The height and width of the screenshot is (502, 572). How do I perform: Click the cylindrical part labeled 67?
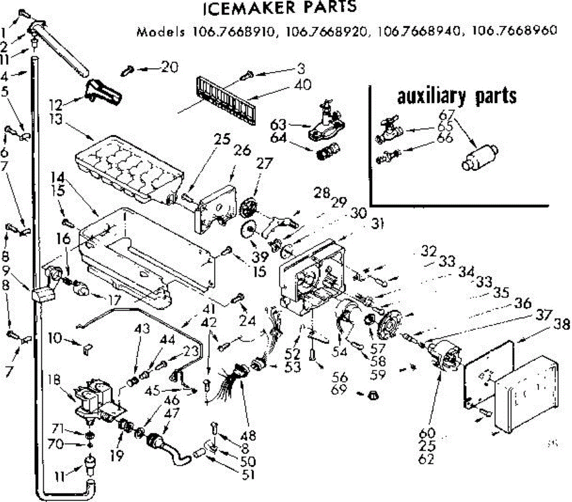pos(480,157)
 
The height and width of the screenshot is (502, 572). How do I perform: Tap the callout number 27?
pos(264,164)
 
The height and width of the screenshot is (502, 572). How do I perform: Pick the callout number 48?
pos(248,435)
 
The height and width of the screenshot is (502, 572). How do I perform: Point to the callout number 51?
pos(248,474)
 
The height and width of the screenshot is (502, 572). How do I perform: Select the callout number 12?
pos(56,103)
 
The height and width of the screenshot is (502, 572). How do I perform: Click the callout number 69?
pos(340,391)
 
